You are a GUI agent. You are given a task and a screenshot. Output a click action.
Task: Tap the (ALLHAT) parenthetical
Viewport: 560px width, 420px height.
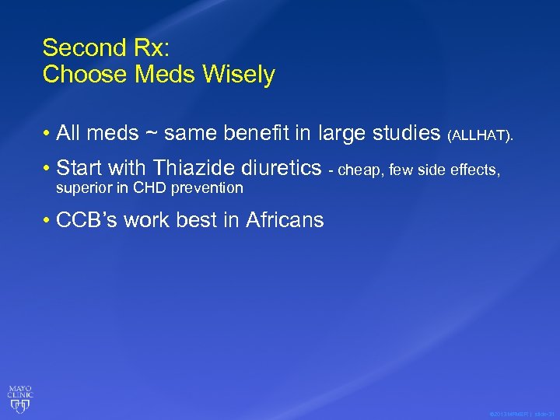[x=481, y=136]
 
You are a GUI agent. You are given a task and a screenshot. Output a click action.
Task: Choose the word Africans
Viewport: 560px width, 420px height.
[x=285, y=220]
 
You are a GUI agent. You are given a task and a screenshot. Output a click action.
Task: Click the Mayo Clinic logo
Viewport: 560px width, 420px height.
[x=20, y=397]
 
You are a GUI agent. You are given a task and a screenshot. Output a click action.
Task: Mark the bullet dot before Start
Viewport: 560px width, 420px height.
[x=47, y=168]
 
